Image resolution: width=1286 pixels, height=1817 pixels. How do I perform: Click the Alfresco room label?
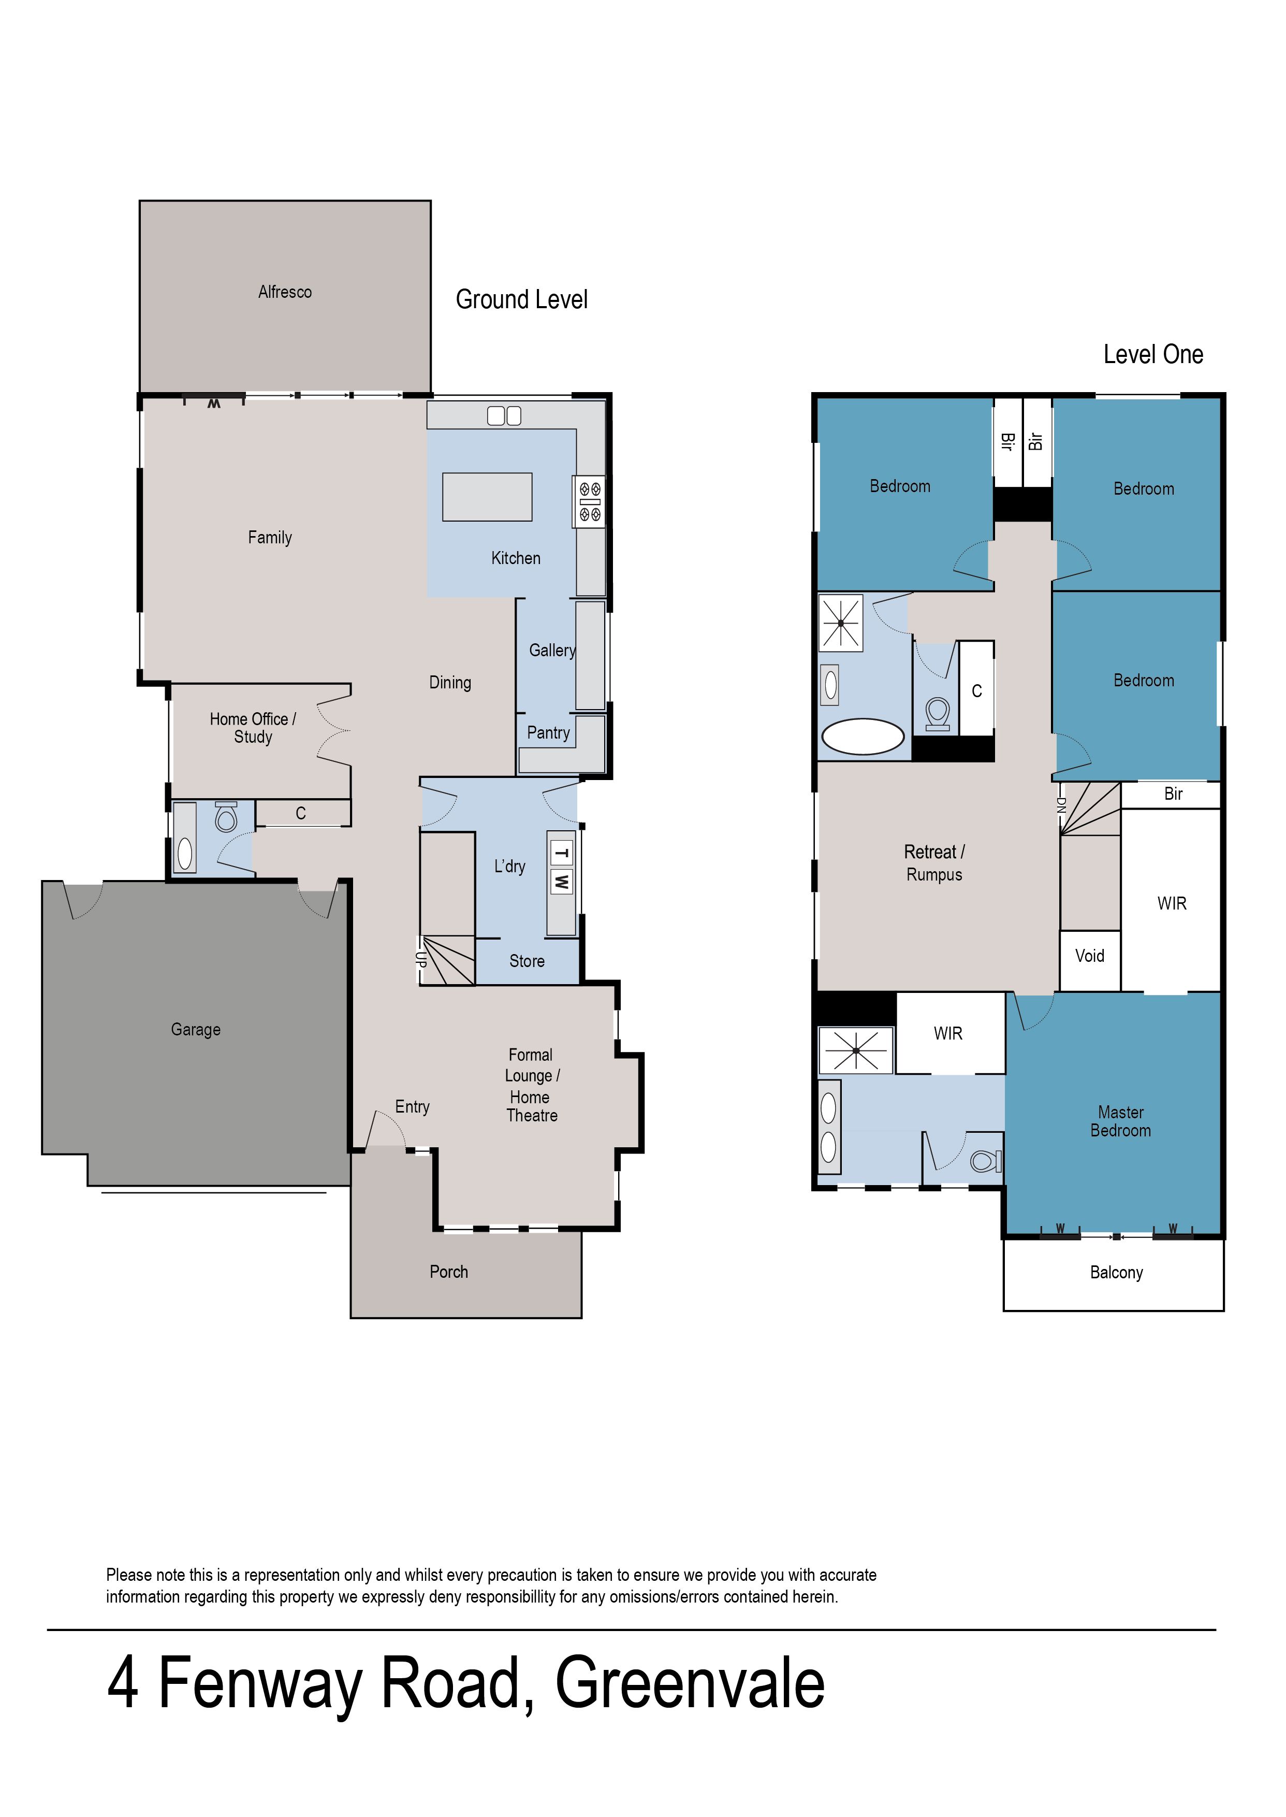coord(285,292)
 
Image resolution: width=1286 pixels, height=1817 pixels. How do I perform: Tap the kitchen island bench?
coord(487,497)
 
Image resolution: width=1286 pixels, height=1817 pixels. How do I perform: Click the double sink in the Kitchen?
coord(504,416)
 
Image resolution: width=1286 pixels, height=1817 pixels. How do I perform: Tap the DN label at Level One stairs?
coord(1061,805)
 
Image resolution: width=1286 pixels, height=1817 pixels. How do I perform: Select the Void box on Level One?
coord(1090,956)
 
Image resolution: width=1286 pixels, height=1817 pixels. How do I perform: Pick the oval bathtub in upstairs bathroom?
coord(863,737)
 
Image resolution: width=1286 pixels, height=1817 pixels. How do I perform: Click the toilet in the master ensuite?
coord(986,1162)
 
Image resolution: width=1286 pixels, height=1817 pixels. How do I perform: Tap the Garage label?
coord(196,1030)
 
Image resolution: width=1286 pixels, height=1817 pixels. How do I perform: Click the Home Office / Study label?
coord(253,728)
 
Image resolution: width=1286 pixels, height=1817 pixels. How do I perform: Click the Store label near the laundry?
coord(527,961)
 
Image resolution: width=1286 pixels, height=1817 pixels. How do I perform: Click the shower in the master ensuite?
coord(856,1051)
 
